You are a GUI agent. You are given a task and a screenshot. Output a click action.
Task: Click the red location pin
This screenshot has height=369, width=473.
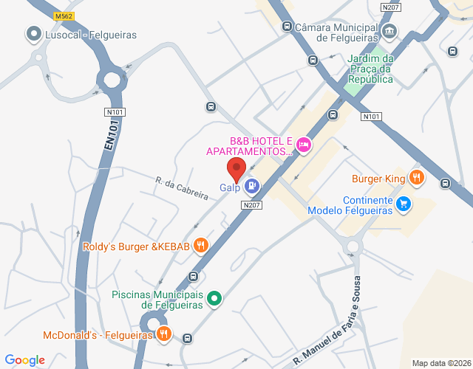tap(236, 168)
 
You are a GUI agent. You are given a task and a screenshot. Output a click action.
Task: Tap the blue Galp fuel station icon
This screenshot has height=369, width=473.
tap(252, 186)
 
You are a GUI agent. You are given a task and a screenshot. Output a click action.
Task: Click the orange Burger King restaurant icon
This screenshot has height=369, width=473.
tap(417, 177)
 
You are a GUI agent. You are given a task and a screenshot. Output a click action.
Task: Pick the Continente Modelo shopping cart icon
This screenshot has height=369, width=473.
tap(403, 203)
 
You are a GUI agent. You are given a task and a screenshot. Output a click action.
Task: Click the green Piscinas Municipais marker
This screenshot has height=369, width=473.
tap(214, 298)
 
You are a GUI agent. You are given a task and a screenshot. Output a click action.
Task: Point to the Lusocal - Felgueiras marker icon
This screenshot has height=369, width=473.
tap(33, 33)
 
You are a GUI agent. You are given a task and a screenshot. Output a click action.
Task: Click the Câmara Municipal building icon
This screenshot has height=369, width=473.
tap(389, 32)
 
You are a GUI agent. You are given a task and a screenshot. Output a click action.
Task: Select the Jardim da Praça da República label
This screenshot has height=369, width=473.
tap(370, 69)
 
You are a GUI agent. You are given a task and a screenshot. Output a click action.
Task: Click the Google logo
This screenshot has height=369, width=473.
tap(25, 359)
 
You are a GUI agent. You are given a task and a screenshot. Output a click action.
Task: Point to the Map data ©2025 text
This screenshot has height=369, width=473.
tap(440, 362)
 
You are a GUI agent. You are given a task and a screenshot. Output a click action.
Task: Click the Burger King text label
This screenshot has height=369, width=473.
tap(378, 178)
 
